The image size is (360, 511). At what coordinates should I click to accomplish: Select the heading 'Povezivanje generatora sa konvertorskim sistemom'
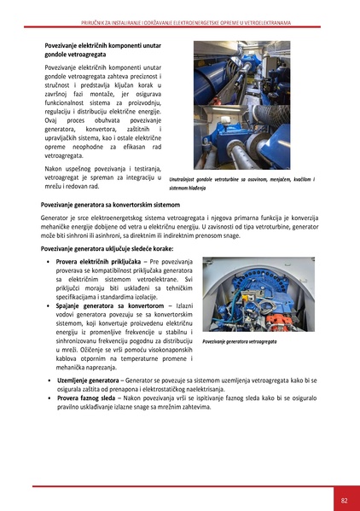click(124, 206)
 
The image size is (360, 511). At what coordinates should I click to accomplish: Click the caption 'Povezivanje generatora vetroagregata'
click(239, 341)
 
